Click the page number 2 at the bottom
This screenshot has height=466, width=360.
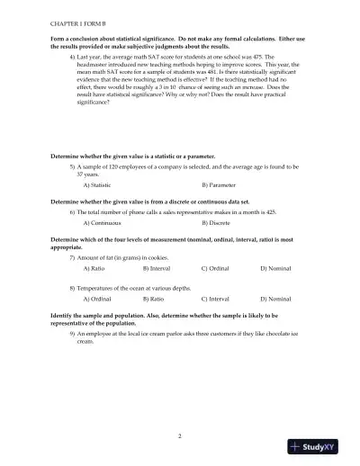pyautogui.click(x=180, y=435)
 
